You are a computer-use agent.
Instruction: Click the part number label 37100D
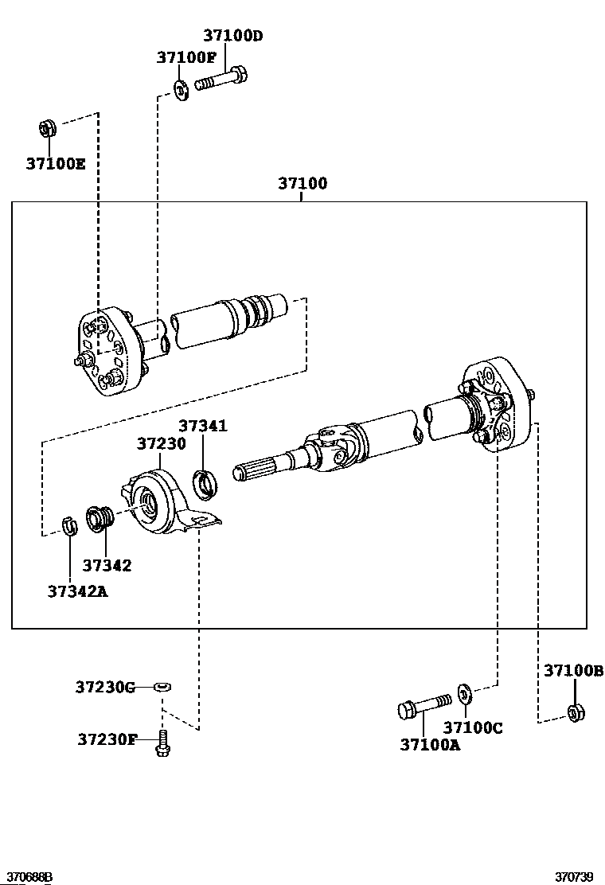click(232, 36)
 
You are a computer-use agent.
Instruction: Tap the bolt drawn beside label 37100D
click(221, 81)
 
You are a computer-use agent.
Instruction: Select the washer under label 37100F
click(181, 89)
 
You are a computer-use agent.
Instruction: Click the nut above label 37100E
click(47, 127)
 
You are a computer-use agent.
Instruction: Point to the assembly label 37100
click(302, 184)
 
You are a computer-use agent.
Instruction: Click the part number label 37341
click(202, 426)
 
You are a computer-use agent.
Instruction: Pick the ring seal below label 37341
click(206, 482)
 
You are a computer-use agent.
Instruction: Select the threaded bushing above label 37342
click(101, 517)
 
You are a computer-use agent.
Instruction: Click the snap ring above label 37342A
click(68, 525)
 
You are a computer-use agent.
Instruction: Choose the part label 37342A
click(76, 591)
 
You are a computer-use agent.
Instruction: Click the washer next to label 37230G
click(162, 686)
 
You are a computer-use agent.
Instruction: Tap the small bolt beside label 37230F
click(163, 744)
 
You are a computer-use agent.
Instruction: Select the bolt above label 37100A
click(423, 705)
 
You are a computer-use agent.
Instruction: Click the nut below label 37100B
click(573, 712)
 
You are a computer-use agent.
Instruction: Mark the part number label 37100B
click(573, 671)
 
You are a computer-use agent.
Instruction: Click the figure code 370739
click(574, 877)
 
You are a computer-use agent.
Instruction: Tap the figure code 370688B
click(26, 877)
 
